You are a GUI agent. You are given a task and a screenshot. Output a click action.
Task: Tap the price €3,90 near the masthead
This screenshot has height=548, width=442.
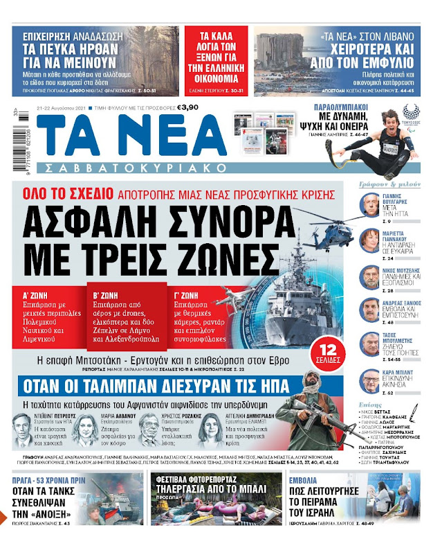click(x=187, y=107)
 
